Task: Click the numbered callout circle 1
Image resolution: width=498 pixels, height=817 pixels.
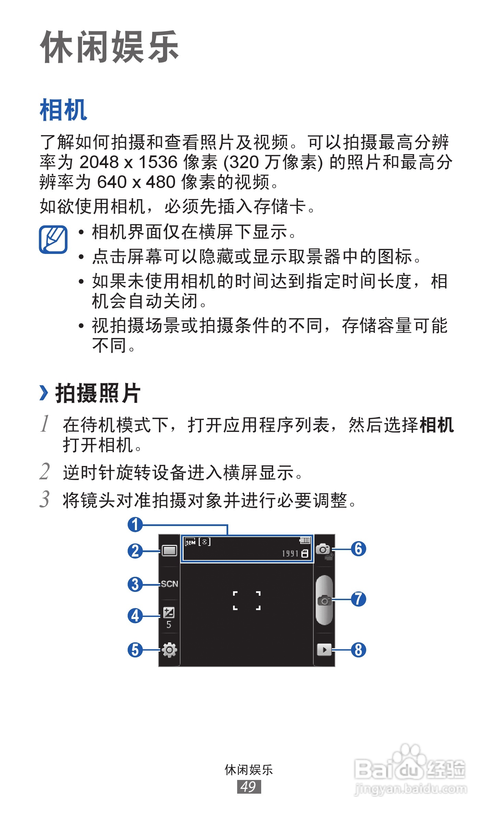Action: pos(135,525)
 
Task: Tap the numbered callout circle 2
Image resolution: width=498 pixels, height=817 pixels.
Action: pos(135,551)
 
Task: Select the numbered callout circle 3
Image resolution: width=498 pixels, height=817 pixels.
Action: pos(135,584)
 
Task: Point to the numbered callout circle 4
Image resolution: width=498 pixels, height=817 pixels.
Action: pos(135,616)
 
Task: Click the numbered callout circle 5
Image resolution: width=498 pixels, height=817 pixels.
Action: pos(135,650)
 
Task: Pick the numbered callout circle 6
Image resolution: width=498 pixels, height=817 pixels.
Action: pos(358,549)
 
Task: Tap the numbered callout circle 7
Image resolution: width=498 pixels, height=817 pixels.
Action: pos(358,599)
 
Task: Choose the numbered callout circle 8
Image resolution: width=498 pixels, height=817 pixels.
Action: pos(358,650)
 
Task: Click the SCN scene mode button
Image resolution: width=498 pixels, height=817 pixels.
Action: pos(169,584)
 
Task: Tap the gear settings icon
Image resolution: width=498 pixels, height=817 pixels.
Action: pos(169,650)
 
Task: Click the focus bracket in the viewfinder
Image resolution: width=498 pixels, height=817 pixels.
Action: pos(246,600)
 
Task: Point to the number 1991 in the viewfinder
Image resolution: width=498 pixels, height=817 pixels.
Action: pos(290,553)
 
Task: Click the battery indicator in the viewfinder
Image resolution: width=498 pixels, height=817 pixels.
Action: pos(305,541)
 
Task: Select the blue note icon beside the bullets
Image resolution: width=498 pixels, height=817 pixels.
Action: pos(53,240)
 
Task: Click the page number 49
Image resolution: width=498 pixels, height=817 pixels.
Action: pos(249,786)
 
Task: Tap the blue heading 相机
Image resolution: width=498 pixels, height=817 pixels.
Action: pos(63,110)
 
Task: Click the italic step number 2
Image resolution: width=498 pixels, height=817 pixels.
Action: pos(45,471)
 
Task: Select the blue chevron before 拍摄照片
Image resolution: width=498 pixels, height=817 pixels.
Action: pos(44,393)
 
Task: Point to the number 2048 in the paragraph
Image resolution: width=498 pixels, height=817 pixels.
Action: pos(99,162)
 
